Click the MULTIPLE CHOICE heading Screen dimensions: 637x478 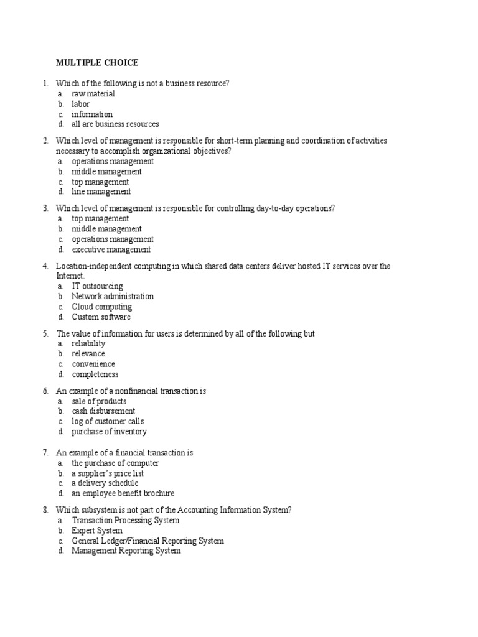click(97, 63)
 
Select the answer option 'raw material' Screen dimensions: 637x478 click(93, 94)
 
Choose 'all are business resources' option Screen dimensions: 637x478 click(115, 124)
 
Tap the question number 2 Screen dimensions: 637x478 click(45, 141)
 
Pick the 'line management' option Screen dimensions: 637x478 click(101, 192)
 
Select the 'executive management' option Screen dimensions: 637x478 click(111, 249)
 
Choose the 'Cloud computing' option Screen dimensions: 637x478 click(101, 307)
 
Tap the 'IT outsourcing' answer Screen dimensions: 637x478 click(97, 286)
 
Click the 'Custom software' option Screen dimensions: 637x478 click(101, 317)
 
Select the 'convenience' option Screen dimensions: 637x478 click(93, 364)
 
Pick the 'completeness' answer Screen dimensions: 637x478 click(95, 374)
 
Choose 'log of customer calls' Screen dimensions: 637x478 click(108, 422)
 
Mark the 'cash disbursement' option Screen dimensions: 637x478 click(103, 411)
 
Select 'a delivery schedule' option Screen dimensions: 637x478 click(105, 483)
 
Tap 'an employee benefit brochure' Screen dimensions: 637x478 click(123, 494)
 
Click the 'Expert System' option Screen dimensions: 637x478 click(97, 531)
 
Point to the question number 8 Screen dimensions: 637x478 click(45, 510)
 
